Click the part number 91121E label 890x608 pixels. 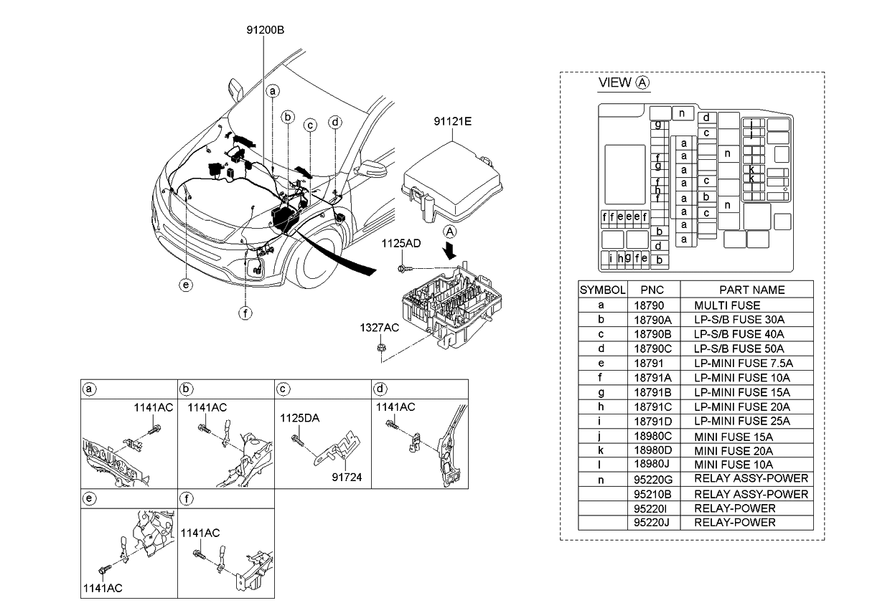(451, 122)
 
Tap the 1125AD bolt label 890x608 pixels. (401, 244)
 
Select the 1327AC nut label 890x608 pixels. (379, 328)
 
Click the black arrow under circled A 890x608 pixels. (450, 251)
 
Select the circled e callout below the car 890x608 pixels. (186, 285)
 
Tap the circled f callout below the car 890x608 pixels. (245, 312)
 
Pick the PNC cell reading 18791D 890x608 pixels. (652, 421)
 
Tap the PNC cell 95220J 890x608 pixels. (652, 523)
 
